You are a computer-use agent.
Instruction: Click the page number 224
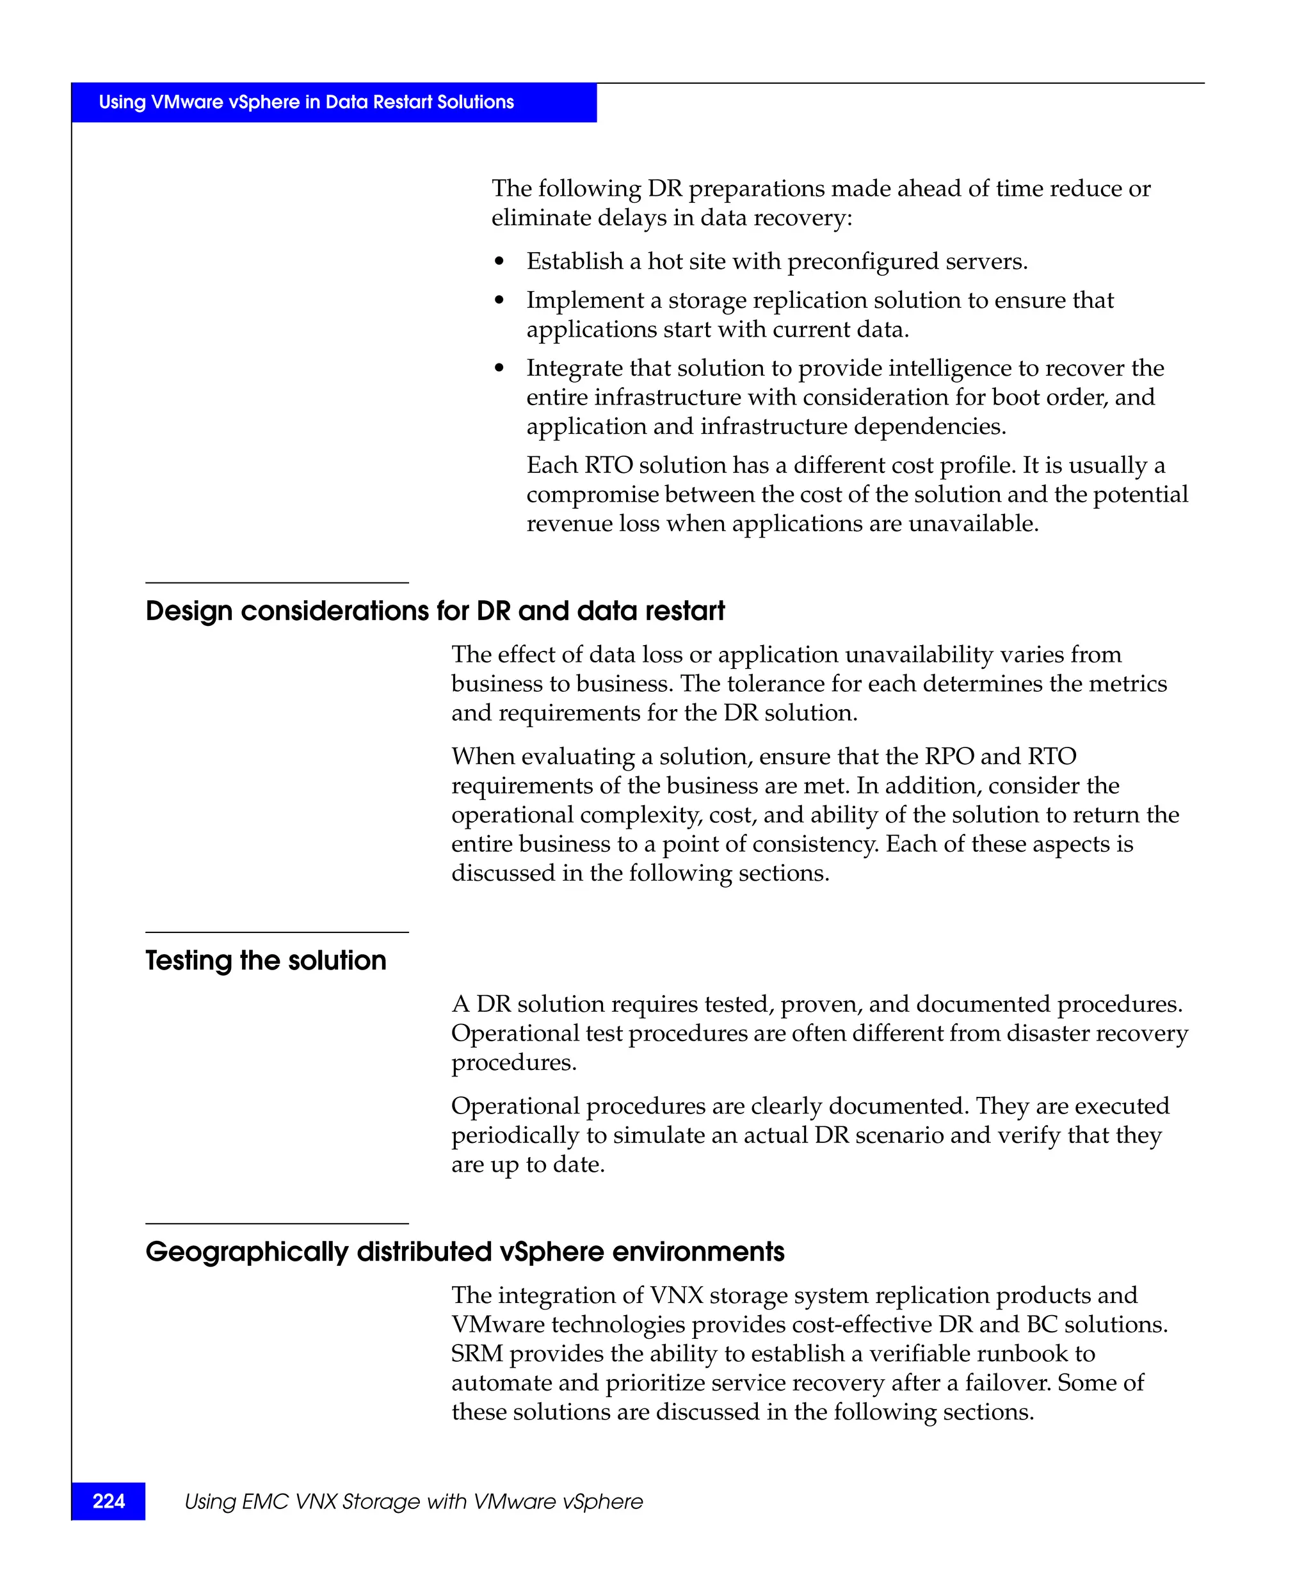109,1501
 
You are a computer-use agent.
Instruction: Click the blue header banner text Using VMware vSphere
305,102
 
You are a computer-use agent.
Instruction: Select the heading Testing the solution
265,961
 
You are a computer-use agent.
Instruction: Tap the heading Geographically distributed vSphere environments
465,1252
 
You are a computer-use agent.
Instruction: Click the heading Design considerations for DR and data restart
435,611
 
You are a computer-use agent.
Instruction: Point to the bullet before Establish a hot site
500,262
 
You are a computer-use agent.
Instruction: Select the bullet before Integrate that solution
500,369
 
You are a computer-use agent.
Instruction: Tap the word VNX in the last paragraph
676,1295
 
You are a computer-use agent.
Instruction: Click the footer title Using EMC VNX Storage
414,1501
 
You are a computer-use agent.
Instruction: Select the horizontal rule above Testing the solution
277,932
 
